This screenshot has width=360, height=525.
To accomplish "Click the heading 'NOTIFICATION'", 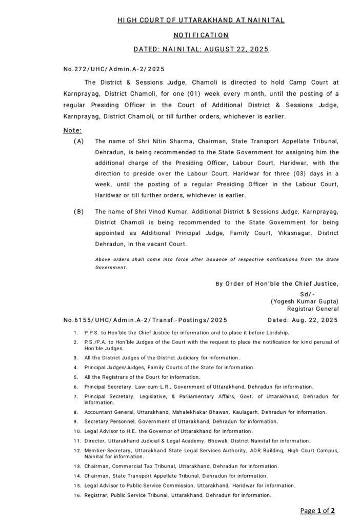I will [x=200, y=35].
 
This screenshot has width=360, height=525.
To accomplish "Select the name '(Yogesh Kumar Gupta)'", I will [x=305, y=301].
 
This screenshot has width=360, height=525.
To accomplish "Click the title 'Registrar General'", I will [x=313, y=309].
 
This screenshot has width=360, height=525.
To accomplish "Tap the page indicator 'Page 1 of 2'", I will [x=318, y=510].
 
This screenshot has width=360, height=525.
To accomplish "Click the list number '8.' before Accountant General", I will [x=75, y=412].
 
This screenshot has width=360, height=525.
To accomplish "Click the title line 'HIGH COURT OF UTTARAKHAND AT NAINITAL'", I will [x=201, y=20].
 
